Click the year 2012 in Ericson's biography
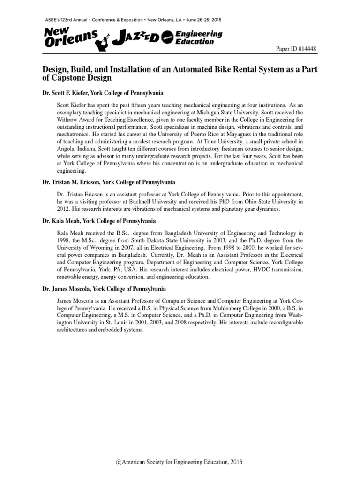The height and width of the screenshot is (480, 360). point(63,209)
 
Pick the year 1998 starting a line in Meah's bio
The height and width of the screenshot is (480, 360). point(63,240)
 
